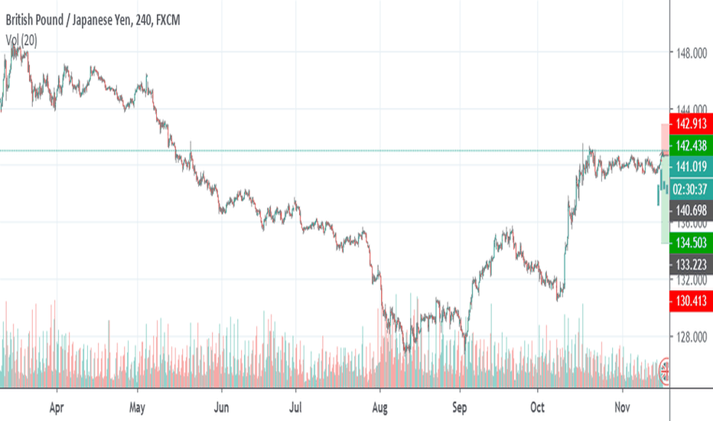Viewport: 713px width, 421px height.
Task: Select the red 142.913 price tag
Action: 690,123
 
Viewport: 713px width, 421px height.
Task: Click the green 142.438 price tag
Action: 690,145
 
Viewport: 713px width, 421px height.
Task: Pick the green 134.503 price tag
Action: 690,243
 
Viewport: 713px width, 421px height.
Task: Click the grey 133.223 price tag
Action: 690,265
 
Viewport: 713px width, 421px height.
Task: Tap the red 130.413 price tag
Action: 690,300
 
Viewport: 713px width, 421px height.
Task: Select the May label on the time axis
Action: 138,408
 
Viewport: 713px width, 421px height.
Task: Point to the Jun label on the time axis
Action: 222,408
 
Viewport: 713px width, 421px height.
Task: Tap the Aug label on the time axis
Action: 379,408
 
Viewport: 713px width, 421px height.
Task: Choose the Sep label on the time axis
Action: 459,408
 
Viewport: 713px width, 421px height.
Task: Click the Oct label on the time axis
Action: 538,408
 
